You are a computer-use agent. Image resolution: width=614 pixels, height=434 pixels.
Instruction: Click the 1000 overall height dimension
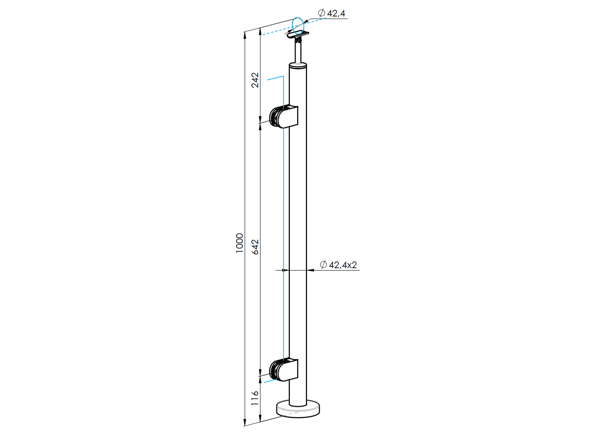[239, 243]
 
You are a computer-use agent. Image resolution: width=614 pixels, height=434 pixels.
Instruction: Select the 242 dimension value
[255, 80]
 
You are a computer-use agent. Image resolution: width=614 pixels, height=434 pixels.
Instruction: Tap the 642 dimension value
[255, 247]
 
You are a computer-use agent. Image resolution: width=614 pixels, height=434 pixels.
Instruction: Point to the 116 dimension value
[255, 398]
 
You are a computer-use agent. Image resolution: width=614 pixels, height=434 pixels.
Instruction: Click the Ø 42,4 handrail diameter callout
[331, 14]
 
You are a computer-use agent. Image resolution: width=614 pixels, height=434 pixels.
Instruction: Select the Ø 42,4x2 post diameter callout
[338, 265]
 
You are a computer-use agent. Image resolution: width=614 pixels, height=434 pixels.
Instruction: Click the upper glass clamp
[284, 117]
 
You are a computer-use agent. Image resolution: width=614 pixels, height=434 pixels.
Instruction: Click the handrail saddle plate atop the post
[298, 35]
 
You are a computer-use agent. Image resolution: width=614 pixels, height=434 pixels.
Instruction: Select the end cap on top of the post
[298, 66]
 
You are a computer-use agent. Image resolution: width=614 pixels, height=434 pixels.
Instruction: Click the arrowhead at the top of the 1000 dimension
[245, 35]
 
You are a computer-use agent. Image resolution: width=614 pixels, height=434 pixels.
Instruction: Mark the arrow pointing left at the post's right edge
[310, 270]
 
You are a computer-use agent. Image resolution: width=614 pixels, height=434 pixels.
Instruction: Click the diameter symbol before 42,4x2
[323, 265]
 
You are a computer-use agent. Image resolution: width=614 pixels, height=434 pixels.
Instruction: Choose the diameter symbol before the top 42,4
[322, 13]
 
